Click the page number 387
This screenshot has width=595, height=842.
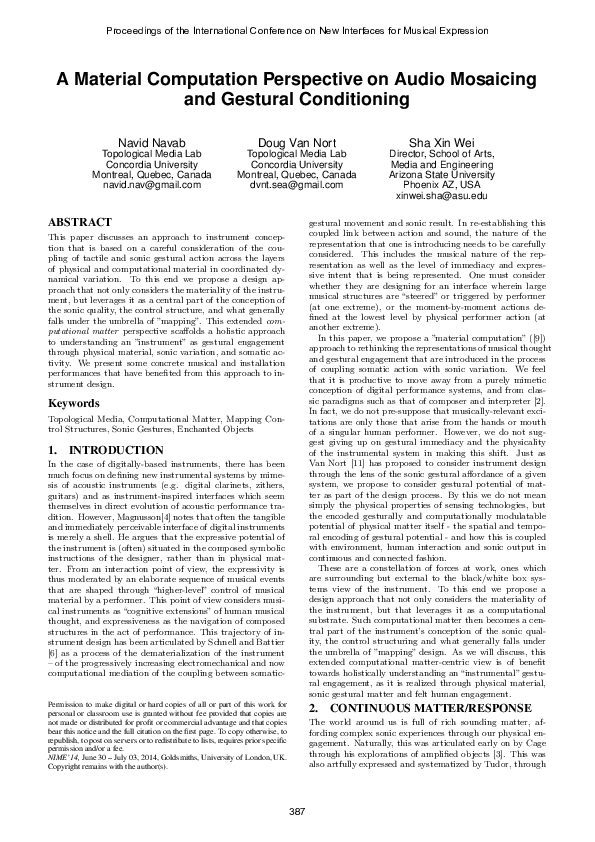297,809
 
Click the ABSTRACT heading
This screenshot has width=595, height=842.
81,219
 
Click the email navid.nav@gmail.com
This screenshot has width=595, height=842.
152,186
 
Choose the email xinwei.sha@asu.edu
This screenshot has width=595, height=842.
441,197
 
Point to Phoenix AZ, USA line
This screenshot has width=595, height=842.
441,186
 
